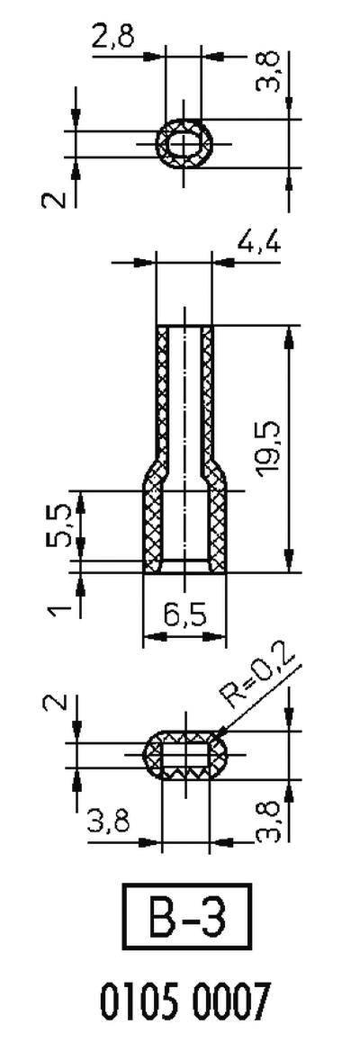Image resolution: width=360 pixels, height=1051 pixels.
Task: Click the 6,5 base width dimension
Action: (184, 617)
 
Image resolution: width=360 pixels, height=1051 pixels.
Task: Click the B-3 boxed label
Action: (184, 918)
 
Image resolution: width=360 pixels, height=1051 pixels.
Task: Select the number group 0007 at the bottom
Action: (228, 1001)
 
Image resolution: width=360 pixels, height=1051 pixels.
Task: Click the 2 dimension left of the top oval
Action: (56, 195)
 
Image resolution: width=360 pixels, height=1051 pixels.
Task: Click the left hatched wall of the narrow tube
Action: (164, 387)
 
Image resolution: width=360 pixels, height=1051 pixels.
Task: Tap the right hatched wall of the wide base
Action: (216, 526)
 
